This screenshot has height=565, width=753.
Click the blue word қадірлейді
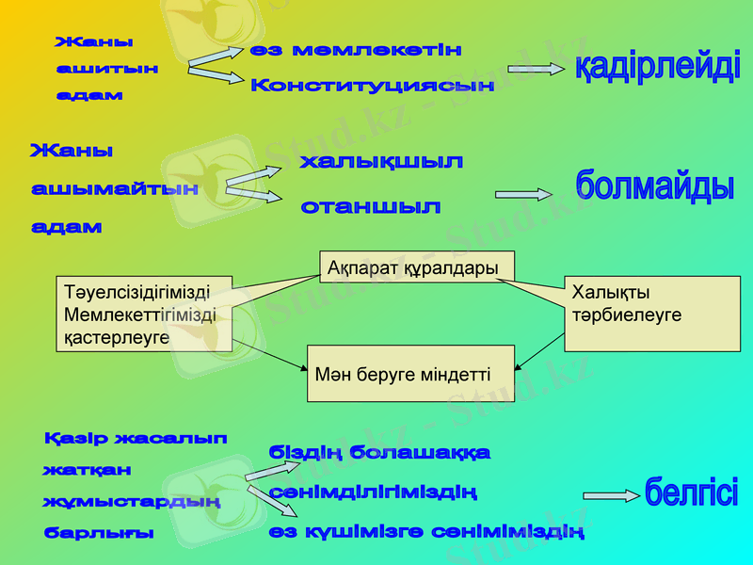(657, 69)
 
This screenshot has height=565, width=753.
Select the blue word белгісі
(691, 492)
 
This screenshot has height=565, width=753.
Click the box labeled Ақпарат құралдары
(416, 266)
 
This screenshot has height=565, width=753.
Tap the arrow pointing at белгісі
(611, 495)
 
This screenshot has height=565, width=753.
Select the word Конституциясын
(373, 86)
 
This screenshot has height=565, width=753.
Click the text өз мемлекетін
(357, 50)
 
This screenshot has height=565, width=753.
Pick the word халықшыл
(381, 162)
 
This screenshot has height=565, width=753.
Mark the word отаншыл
(371, 206)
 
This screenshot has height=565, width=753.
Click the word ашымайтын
(115, 189)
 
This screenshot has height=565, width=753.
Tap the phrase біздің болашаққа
(379, 452)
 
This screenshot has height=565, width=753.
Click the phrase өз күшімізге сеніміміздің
(426, 532)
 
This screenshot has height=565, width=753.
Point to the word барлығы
(100, 533)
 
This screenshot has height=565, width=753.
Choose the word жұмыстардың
(132, 501)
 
